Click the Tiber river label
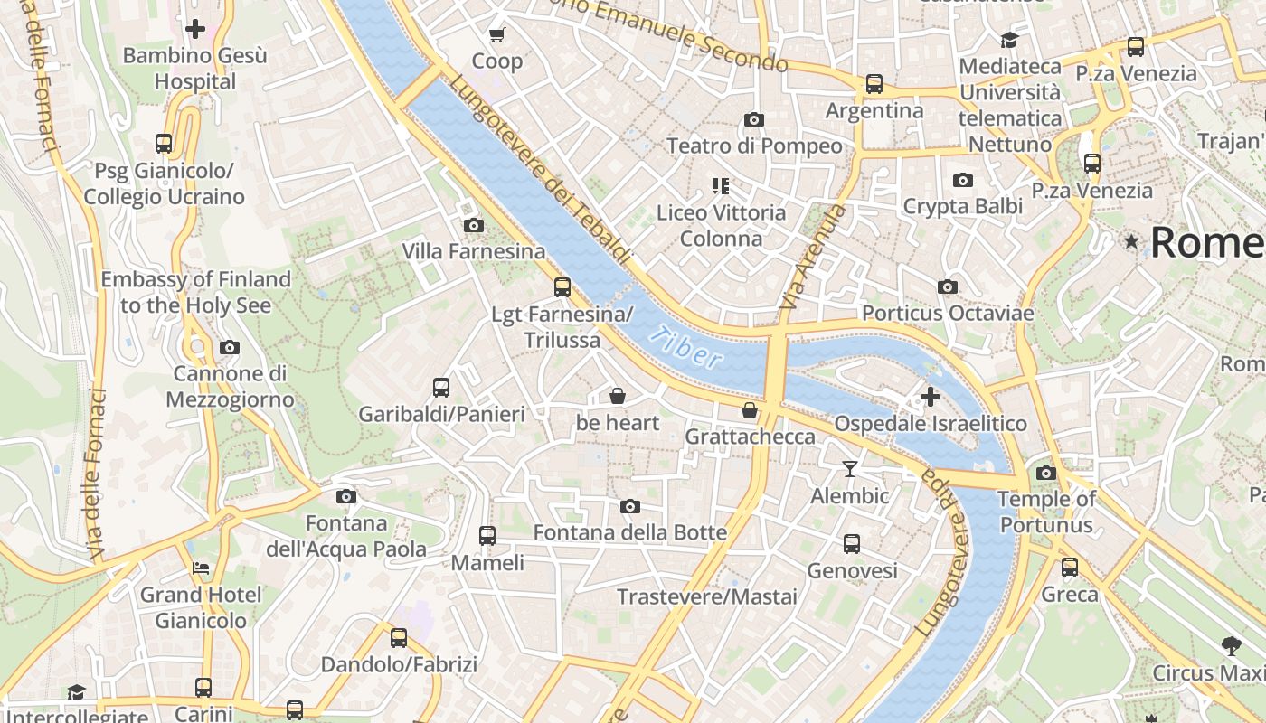(x=686, y=347)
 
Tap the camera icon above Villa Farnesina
(x=473, y=225)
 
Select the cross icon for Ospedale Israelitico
(x=930, y=397)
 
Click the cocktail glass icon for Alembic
(x=849, y=468)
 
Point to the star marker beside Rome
(x=1130, y=241)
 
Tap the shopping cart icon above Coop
(x=496, y=35)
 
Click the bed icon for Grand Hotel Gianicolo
(x=201, y=568)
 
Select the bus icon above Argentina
(x=874, y=84)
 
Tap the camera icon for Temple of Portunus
(x=1046, y=473)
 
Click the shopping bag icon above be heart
(x=618, y=396)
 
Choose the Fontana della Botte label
(x=629, y=532)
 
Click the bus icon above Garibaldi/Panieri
(x=441, y=388)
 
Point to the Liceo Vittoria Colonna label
(x=721, y=225)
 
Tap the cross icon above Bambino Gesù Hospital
(x=194, y=29)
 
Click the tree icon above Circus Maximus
(x=1230, y=646)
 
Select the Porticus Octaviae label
(x=947, y=313)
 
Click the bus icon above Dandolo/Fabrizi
(x=399, y=638)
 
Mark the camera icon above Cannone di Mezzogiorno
(x=230, y=347)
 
